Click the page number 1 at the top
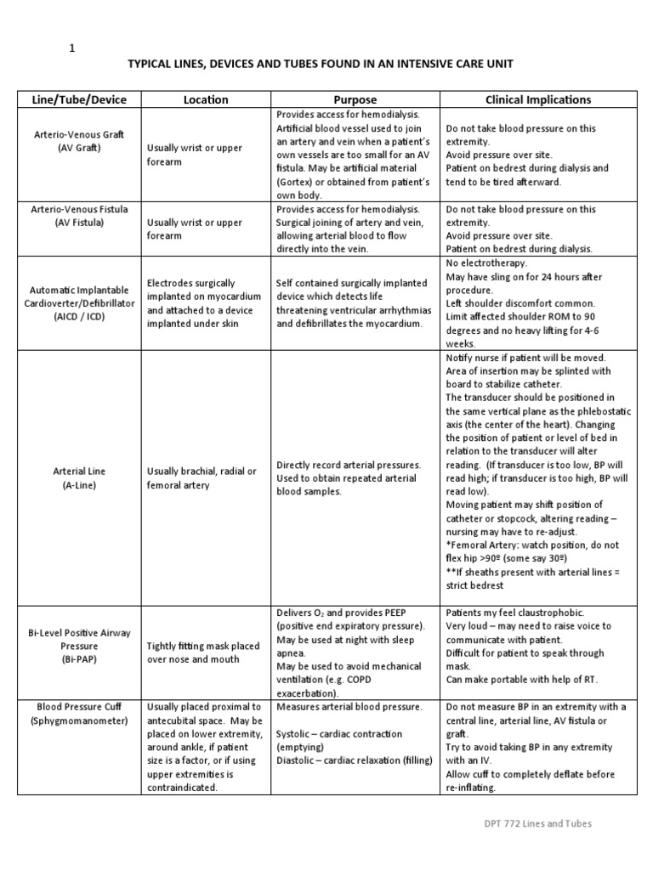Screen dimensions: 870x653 click(71, 48)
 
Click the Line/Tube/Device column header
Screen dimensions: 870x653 click(79, 99)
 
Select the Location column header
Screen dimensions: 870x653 click(206, 99)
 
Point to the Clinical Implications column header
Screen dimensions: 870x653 click(537, 99)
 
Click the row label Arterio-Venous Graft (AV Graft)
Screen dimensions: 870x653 click(79, 141)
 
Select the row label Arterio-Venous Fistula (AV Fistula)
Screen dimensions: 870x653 click(79, 216)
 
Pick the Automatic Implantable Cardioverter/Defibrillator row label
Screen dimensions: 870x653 click(79, 302)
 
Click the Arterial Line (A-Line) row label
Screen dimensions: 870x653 click(79, 477)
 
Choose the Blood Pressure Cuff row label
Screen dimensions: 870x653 click(79, 714)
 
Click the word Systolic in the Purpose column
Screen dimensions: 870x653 click(297, 734)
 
